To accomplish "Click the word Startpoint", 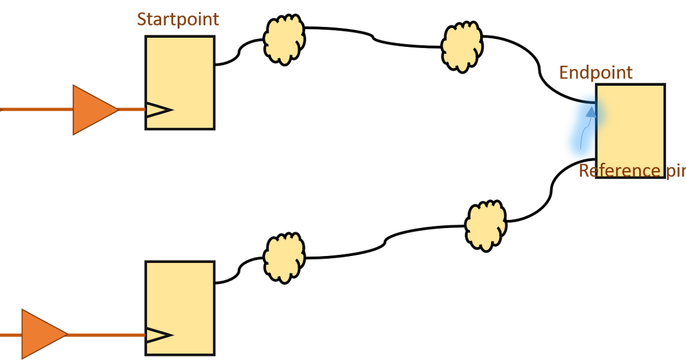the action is [x=178, y=19].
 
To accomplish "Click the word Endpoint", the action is [x=596, y=73].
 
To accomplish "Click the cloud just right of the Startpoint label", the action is [x=284, y=39].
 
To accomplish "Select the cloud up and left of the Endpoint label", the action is [x=462, y=46].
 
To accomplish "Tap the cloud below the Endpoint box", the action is [x=486, y=225].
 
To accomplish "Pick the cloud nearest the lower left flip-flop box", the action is [x=284, y=258].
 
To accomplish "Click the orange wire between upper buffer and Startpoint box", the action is [x=131, y=109].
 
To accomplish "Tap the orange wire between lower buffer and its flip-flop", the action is [x=106, y=334].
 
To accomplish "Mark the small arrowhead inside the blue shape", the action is [x=591, y=111].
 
